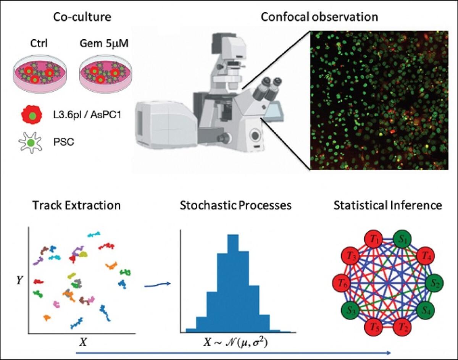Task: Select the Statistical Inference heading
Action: [387, 205]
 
